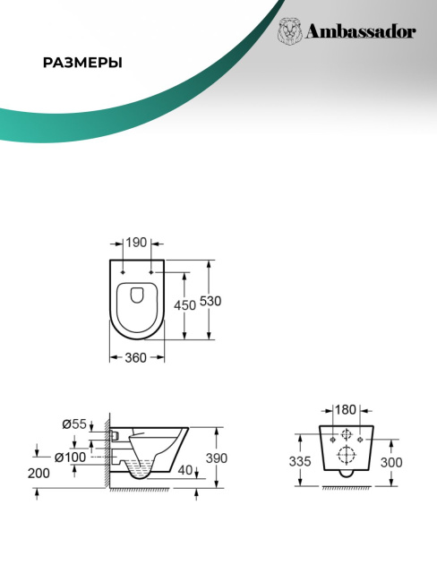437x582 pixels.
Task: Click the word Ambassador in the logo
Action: coord(360,32)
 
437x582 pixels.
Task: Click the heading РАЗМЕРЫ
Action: coord(82,63)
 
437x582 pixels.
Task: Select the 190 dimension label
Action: coord(136,243)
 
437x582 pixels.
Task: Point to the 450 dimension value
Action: coord(184,305)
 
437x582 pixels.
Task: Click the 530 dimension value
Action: coord(210,301)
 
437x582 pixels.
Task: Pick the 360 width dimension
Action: coord(135,358)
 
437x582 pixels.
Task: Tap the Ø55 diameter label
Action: coord(74,424)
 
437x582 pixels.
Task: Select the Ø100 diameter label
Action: coord(70,458)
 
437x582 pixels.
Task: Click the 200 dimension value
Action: coord(39,474)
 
